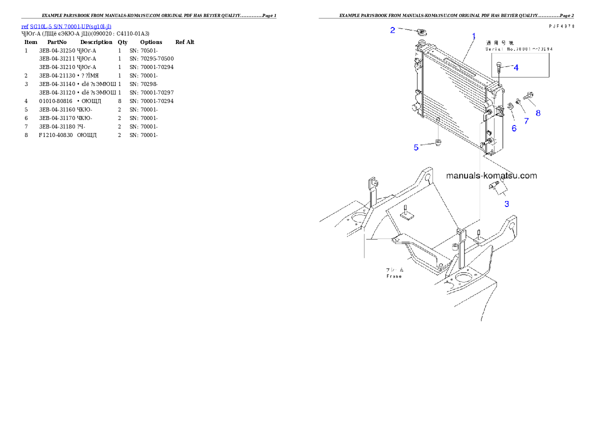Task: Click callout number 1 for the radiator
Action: point(473,36)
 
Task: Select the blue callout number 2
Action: point(393,30)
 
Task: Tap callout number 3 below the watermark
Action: point(506,203)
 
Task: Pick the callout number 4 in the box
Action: point(516,67)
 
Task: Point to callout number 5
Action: point(416,147)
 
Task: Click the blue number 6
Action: point(513,128)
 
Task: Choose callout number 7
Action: point(526,120)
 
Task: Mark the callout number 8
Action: point(538,113)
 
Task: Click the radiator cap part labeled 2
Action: point(420,32)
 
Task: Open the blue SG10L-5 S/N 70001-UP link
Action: point(66,26)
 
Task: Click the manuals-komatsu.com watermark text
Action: point(491,175)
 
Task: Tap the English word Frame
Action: point(394,276)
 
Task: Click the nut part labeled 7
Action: point(518,102)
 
